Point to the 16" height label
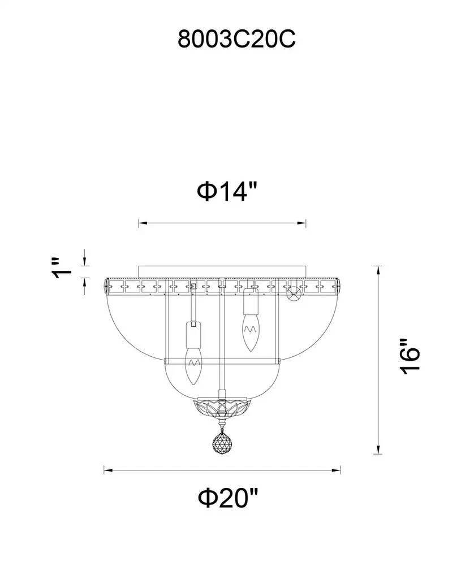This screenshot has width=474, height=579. coord(408,357)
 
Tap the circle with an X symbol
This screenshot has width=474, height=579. coord(293,292)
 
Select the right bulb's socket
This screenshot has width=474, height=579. coord(250,303)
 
